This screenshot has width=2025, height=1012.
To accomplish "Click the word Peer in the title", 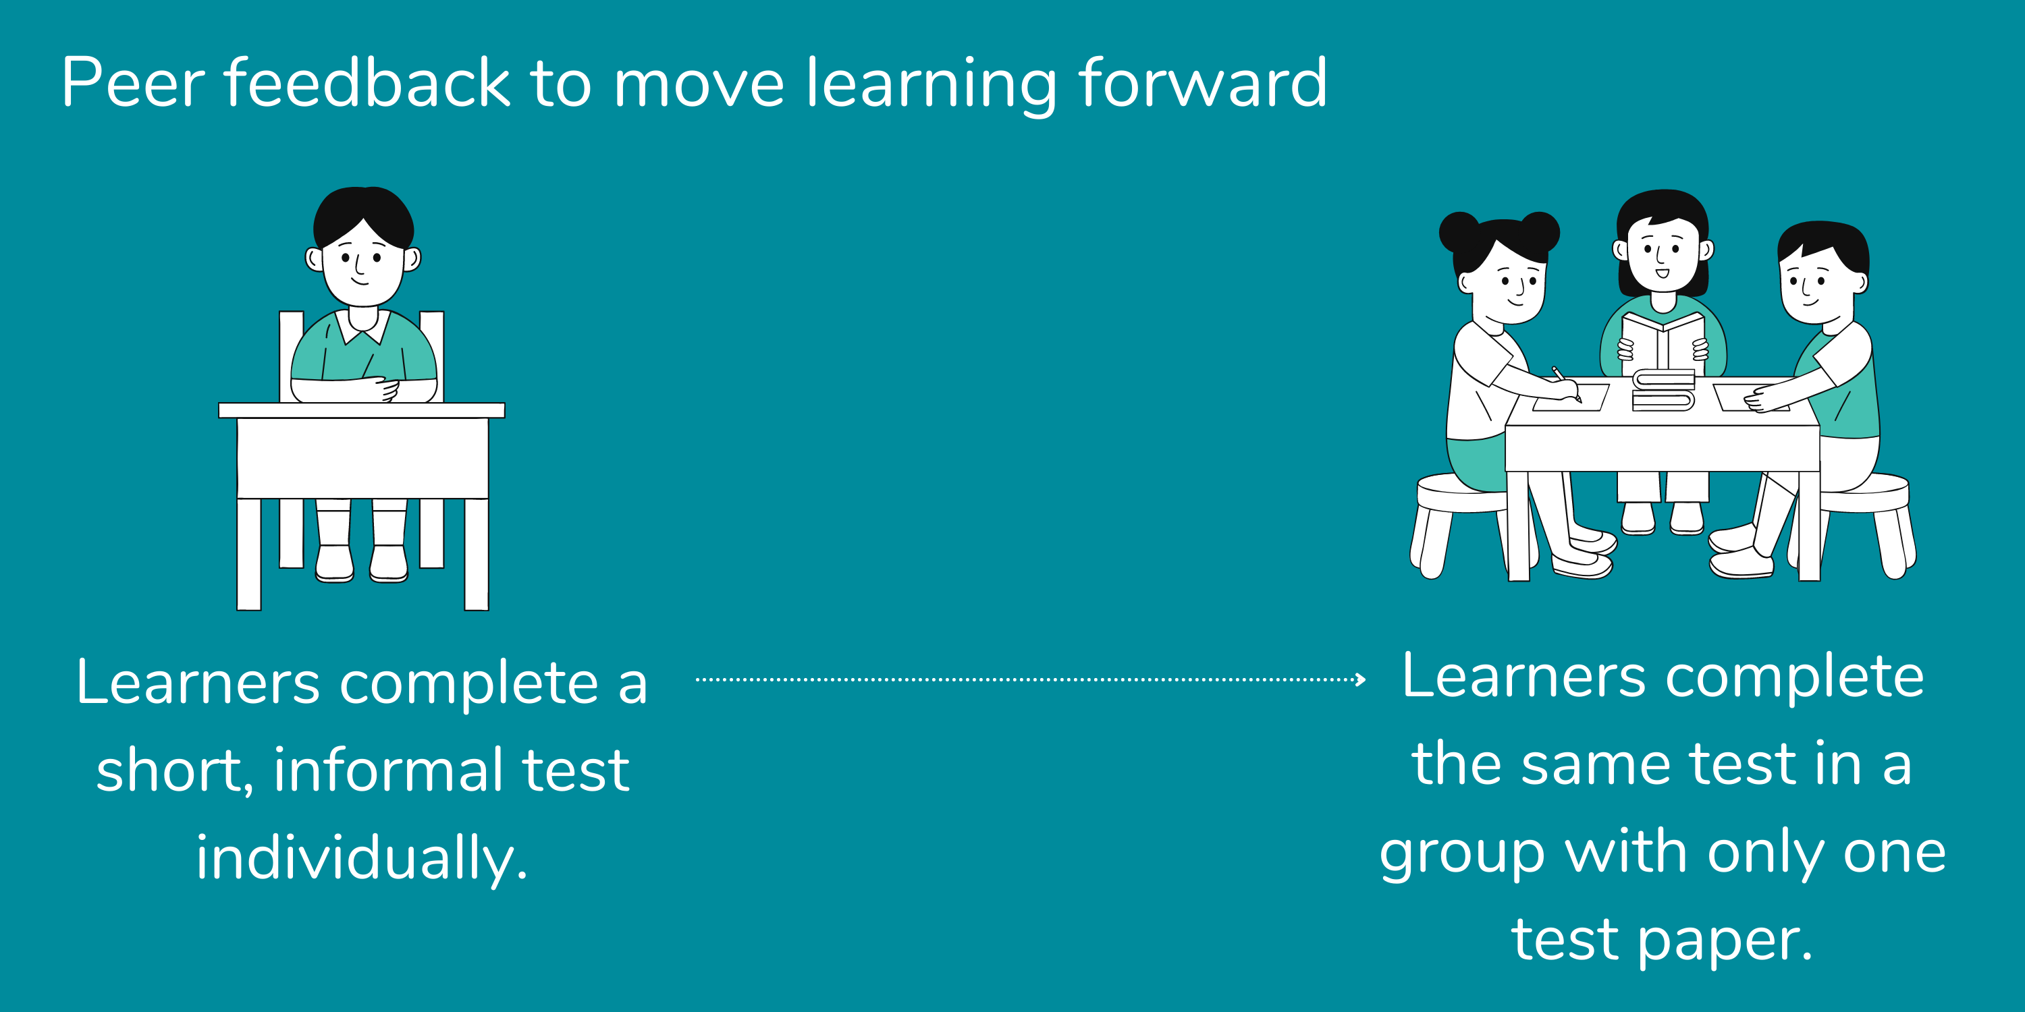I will click(133, 82).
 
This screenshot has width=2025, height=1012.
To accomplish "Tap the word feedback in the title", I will click(367, 82).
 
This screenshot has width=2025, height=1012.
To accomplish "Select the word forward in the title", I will click(1203, 82).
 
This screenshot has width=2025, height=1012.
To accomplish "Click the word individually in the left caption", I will click(361, 858).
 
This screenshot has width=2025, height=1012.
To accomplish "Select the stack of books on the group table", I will click(1663, 390).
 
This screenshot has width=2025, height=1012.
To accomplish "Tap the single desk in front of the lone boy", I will click(362, 455).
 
